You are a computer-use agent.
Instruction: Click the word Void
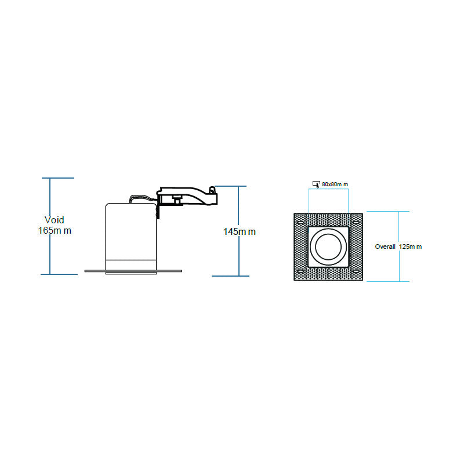[x=55, y=220]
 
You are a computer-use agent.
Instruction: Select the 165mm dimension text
[x=55, y=230]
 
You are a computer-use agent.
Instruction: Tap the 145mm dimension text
[x=240, y=232]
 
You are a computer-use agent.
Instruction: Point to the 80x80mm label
[x=335, y=184]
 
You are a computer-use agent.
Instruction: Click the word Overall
[x=385, y=246]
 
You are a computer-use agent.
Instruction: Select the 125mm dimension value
[x=411, y=246]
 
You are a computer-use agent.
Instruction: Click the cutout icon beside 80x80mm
[x=316, y=184]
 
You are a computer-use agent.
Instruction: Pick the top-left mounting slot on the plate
[x=299, y=223]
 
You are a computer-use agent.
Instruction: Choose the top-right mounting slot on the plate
[x=356, y=223]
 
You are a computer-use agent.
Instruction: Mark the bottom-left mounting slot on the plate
[x=299, y=271]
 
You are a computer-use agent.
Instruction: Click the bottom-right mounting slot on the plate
[x=356, y=271]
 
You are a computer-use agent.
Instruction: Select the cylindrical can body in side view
[x=131, y=232]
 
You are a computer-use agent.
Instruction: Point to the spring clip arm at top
[x=188, y=195]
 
